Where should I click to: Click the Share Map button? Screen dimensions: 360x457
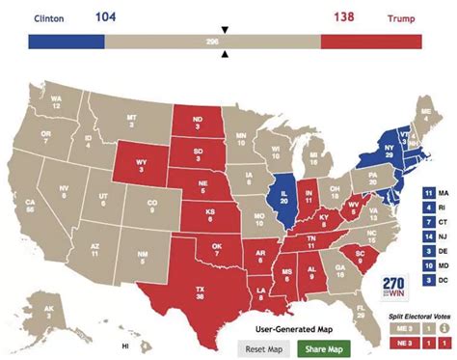[323, 347]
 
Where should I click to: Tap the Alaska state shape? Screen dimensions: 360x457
[50, 312]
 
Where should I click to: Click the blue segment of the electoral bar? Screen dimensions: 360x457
[67, 42]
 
